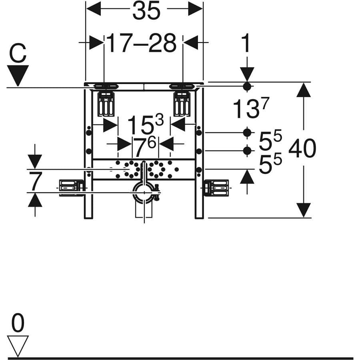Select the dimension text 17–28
click(x=142, y=43)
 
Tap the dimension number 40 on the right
click(x=302, y=148)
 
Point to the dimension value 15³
click(x=146, y=125)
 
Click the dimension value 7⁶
click(x=145, y=147)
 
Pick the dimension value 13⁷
click(x=251, y=108)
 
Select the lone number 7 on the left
click(x=36, y=181)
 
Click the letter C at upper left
click(x=18, y=54)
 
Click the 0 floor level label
click(x=18, y=322)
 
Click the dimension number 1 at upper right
click(x=246, y=43)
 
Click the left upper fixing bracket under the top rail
click(x=106, y=104)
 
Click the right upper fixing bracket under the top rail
click(x=182, y=104)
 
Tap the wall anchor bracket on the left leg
click(x=71, y=188)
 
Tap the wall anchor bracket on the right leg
click(x=216, y=188)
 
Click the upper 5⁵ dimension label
click(x=270, y=140)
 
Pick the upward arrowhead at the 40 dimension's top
click(x=304, y=90)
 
